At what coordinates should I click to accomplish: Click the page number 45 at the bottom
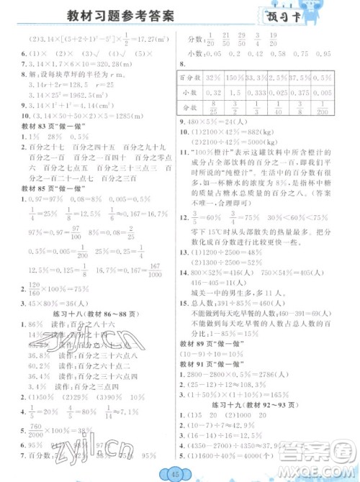click(x=178, y=473)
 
